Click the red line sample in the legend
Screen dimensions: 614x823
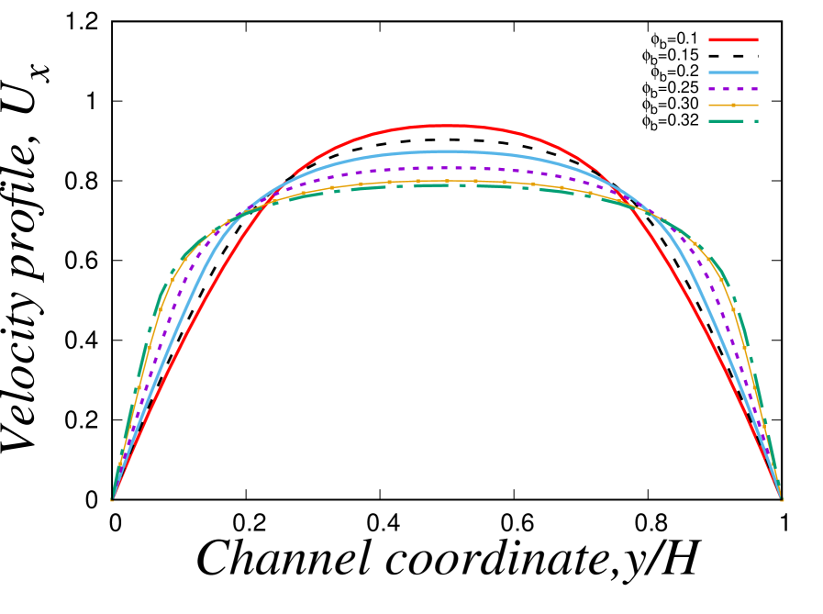tap(733, 39)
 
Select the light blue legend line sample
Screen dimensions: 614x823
tap(733, 73)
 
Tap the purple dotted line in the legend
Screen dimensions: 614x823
tap(733, 89)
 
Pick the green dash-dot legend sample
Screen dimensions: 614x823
tap(733, 121)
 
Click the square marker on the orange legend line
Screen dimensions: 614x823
tap(733, 106)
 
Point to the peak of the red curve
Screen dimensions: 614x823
tap(448, 126)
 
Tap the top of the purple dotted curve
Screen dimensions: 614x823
tap(448, 168)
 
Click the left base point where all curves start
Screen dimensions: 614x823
tap(113, 499)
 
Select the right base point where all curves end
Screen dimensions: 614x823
tap(781, 499)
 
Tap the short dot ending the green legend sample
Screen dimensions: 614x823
tap(756, 121)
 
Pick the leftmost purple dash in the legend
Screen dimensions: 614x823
tap(712, 89)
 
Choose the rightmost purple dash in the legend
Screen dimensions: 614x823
tap(754, 89)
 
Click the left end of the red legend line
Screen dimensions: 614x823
tap(710, 39)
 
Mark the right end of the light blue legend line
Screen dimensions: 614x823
tap(757, 73)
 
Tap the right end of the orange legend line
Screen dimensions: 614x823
tap(757, 106)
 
